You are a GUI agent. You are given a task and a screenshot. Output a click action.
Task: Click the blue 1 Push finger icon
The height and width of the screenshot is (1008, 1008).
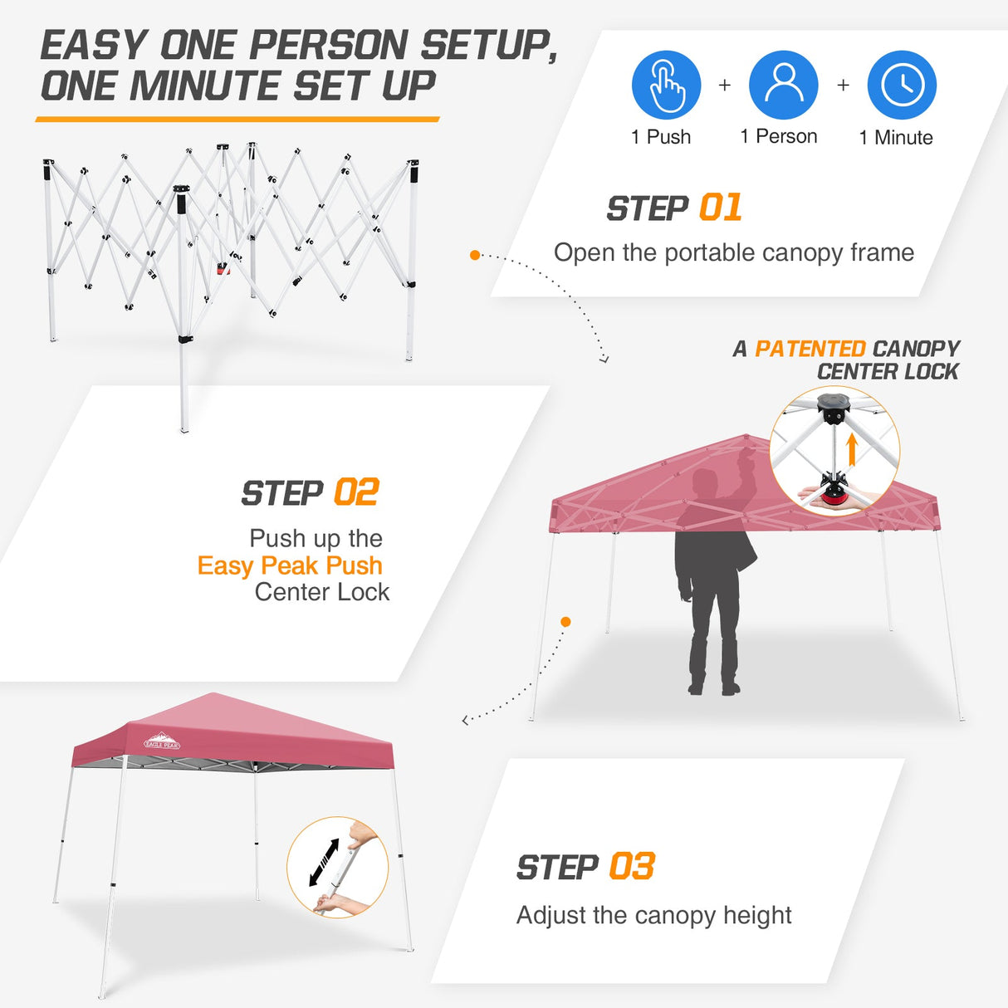tap(666, 85)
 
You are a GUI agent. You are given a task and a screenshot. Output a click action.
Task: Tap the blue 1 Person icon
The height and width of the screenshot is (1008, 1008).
tap(783, 85)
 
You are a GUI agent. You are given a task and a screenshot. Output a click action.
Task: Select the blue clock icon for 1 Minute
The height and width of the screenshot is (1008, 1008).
tap(902, 85)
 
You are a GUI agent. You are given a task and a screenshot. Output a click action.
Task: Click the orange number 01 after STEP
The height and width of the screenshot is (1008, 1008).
tap(720, 208)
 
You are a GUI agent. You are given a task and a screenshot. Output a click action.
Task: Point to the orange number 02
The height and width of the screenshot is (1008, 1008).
tap(356, 492)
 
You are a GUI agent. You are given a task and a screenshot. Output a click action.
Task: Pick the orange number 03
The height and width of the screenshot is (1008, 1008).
tap(632, 867)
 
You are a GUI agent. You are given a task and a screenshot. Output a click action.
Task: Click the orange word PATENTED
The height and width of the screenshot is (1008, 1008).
tap(810, 349)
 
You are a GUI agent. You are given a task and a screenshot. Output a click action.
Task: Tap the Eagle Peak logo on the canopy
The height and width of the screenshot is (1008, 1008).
tap(162, 741)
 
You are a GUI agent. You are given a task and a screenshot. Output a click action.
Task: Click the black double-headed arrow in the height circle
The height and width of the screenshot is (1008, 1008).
tap(324, 862)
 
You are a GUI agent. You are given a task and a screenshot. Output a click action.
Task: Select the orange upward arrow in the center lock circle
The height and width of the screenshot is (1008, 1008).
tap(851, 450)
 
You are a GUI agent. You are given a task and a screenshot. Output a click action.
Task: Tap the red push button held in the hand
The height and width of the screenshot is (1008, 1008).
tap(831, 499)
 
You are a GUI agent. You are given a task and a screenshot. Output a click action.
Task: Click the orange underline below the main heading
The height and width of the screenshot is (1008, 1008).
tap(237, 120)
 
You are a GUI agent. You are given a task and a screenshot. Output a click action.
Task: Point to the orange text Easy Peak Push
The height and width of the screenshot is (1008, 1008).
tap(290, 565)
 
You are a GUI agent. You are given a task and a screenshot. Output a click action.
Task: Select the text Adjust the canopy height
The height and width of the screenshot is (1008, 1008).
tap(653, 915)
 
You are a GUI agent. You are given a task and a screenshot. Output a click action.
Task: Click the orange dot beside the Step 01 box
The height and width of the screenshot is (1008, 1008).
tap(475, 255)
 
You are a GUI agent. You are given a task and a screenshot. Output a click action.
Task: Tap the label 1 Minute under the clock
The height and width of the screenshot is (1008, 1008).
tap(895, 138)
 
